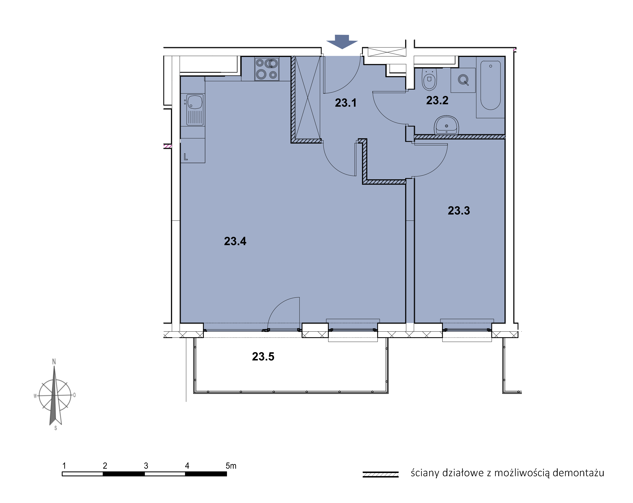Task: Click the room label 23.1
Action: pos(346,103)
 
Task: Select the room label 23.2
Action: pos(437,100)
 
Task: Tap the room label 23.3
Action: pos(459,210)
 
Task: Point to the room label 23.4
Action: pos(235,241)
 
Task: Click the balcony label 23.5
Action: pos(263,357)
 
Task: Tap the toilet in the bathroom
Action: pos(429,79)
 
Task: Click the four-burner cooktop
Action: pos(267,69)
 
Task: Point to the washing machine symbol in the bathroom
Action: pos(463,80)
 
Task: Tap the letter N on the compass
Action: pos(54,362)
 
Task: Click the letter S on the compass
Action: pos(56,428)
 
